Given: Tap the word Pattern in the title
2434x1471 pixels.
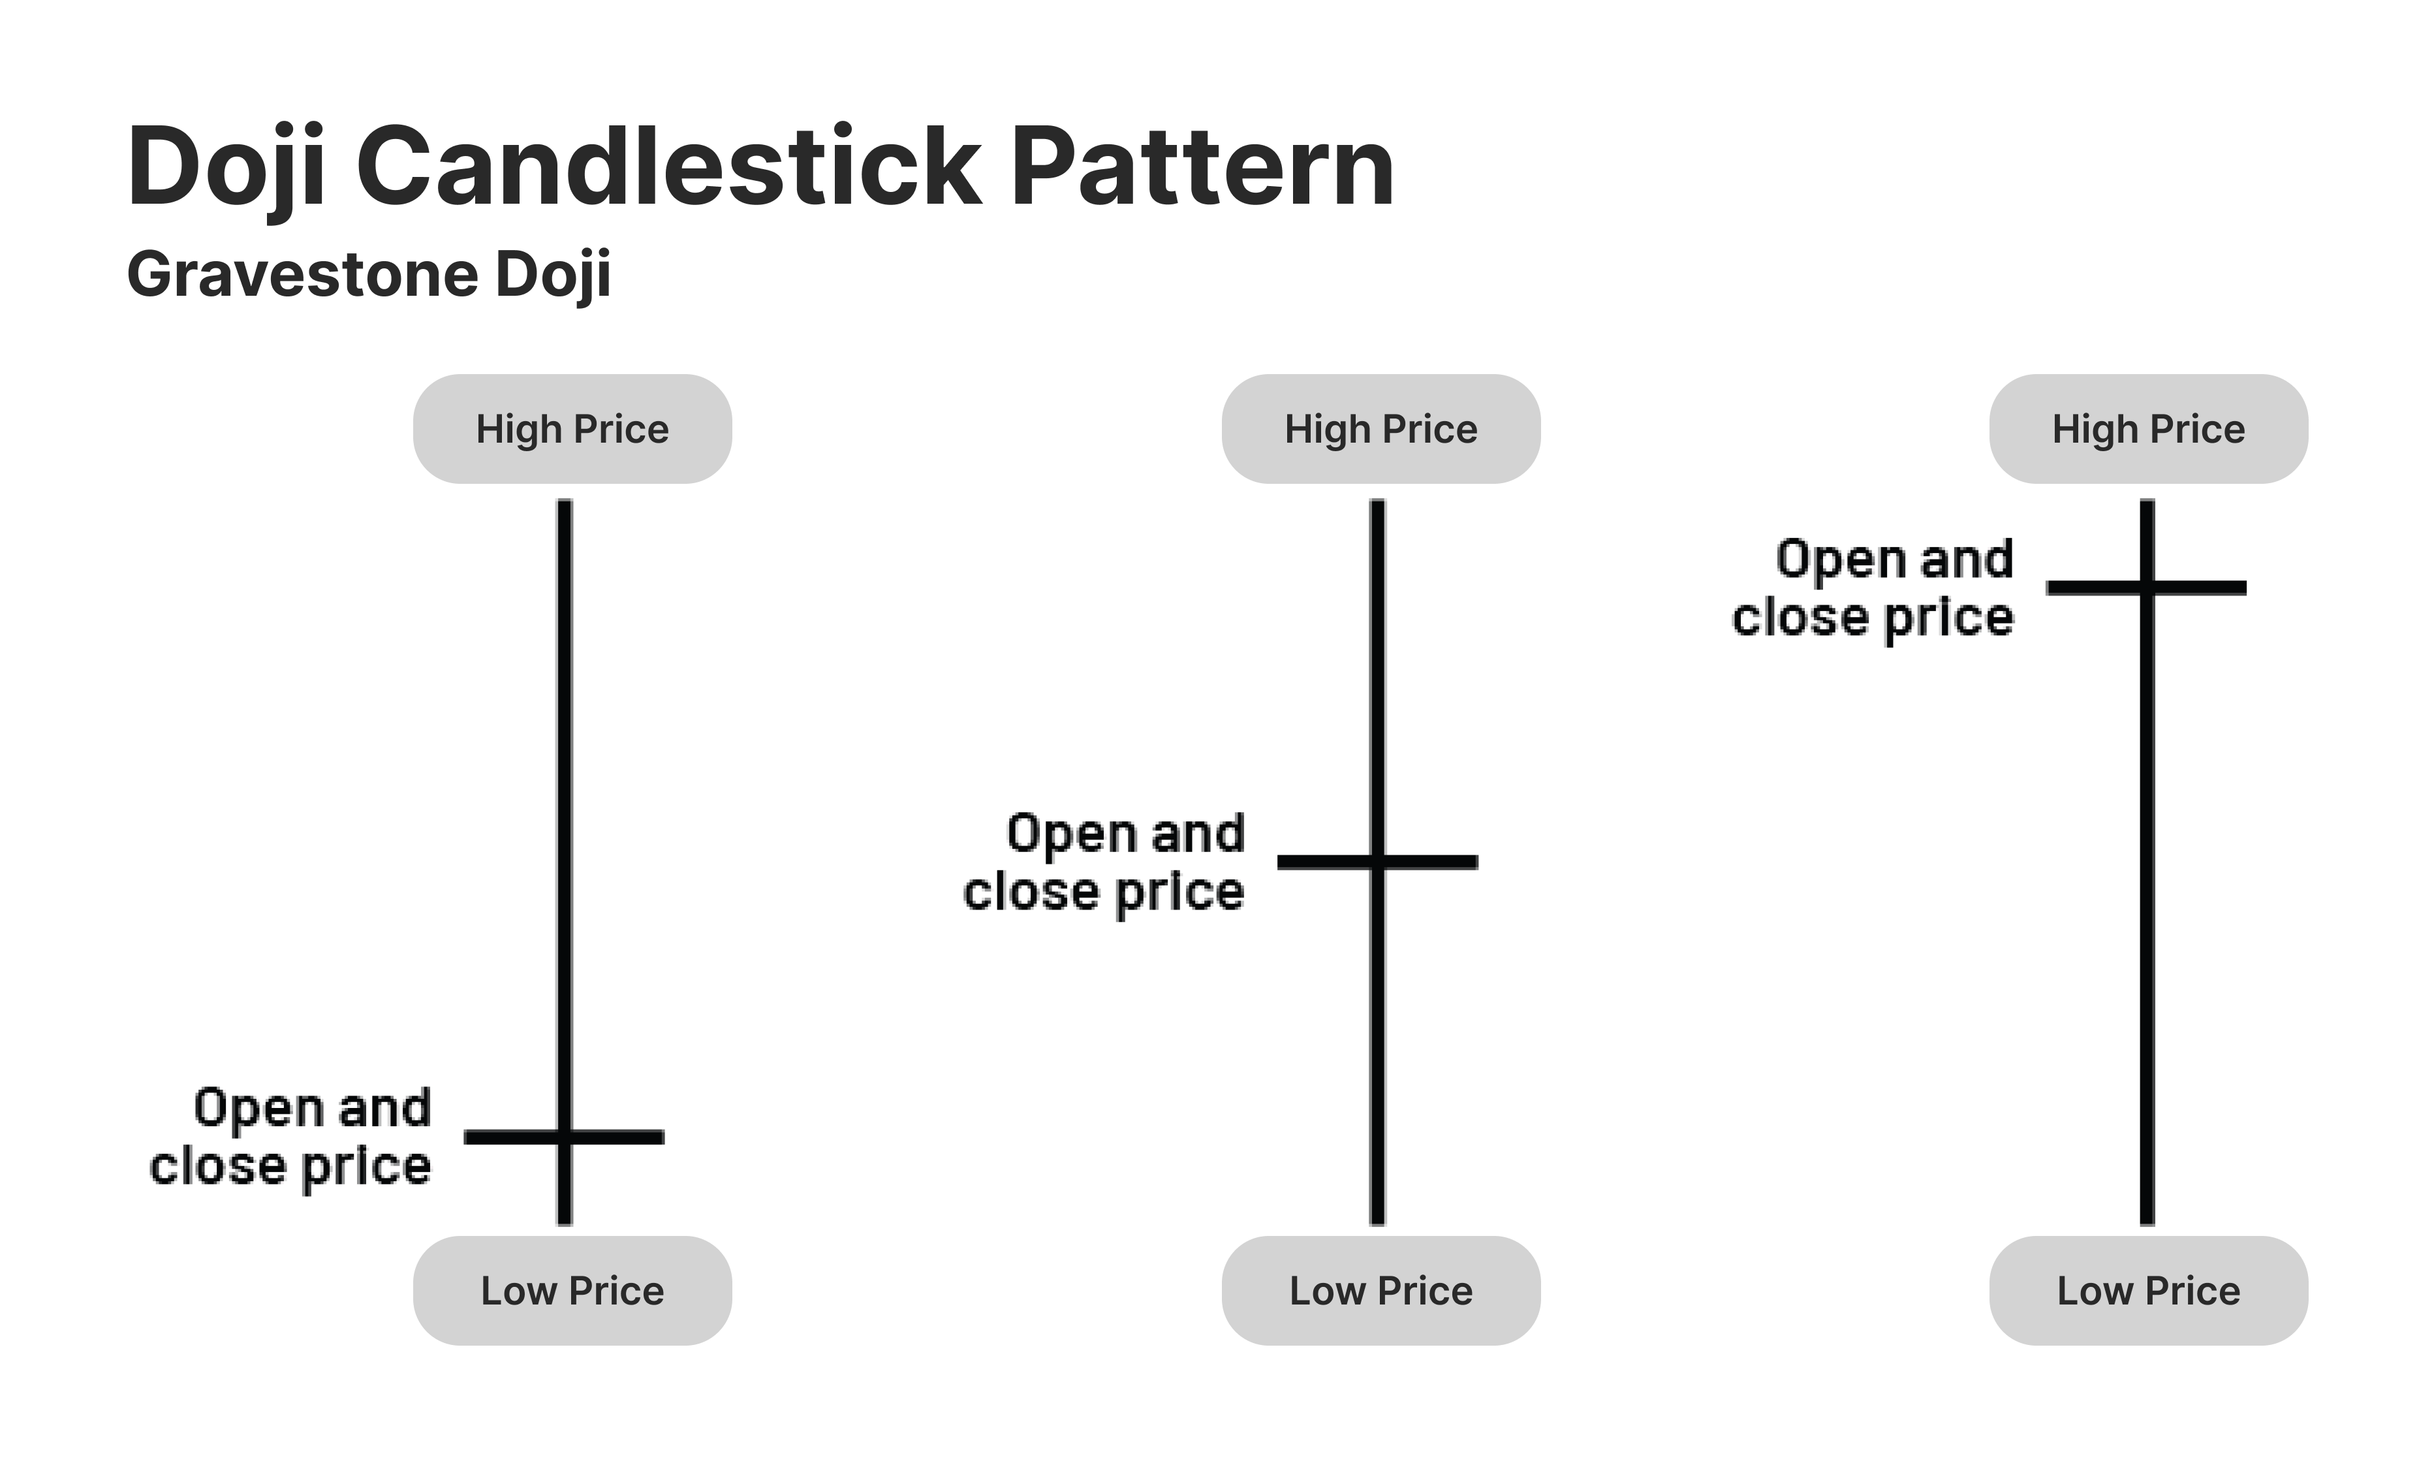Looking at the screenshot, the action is pyautogui.click(x=1202, y=165).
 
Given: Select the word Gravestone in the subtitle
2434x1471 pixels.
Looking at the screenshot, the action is pyautogui.click(x=304, y=275).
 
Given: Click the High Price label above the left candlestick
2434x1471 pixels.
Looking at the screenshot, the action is pyautogui.click(x=572, y=429).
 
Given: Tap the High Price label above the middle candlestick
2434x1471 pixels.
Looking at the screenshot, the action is pyautogui.click(x=1381, y=429).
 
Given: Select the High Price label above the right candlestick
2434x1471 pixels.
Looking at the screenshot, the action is pyautogui.click(x=2149, y=429).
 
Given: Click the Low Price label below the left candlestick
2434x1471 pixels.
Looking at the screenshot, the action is pyautogui.click(x=572, y=1290).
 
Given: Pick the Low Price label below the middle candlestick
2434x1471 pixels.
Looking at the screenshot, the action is pyautogui.click(x=1381, y=1290).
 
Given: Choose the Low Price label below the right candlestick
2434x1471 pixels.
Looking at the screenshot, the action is pyautogui.click(x=2149, y=1290).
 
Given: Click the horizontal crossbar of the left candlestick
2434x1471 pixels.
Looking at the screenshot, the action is pyautogui.click(x=564, y=1137).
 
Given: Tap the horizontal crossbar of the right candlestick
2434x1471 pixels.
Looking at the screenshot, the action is pyautogui.click(x=2147, y=588).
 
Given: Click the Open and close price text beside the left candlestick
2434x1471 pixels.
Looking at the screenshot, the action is pyautogui.click(x=290, y=1138).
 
